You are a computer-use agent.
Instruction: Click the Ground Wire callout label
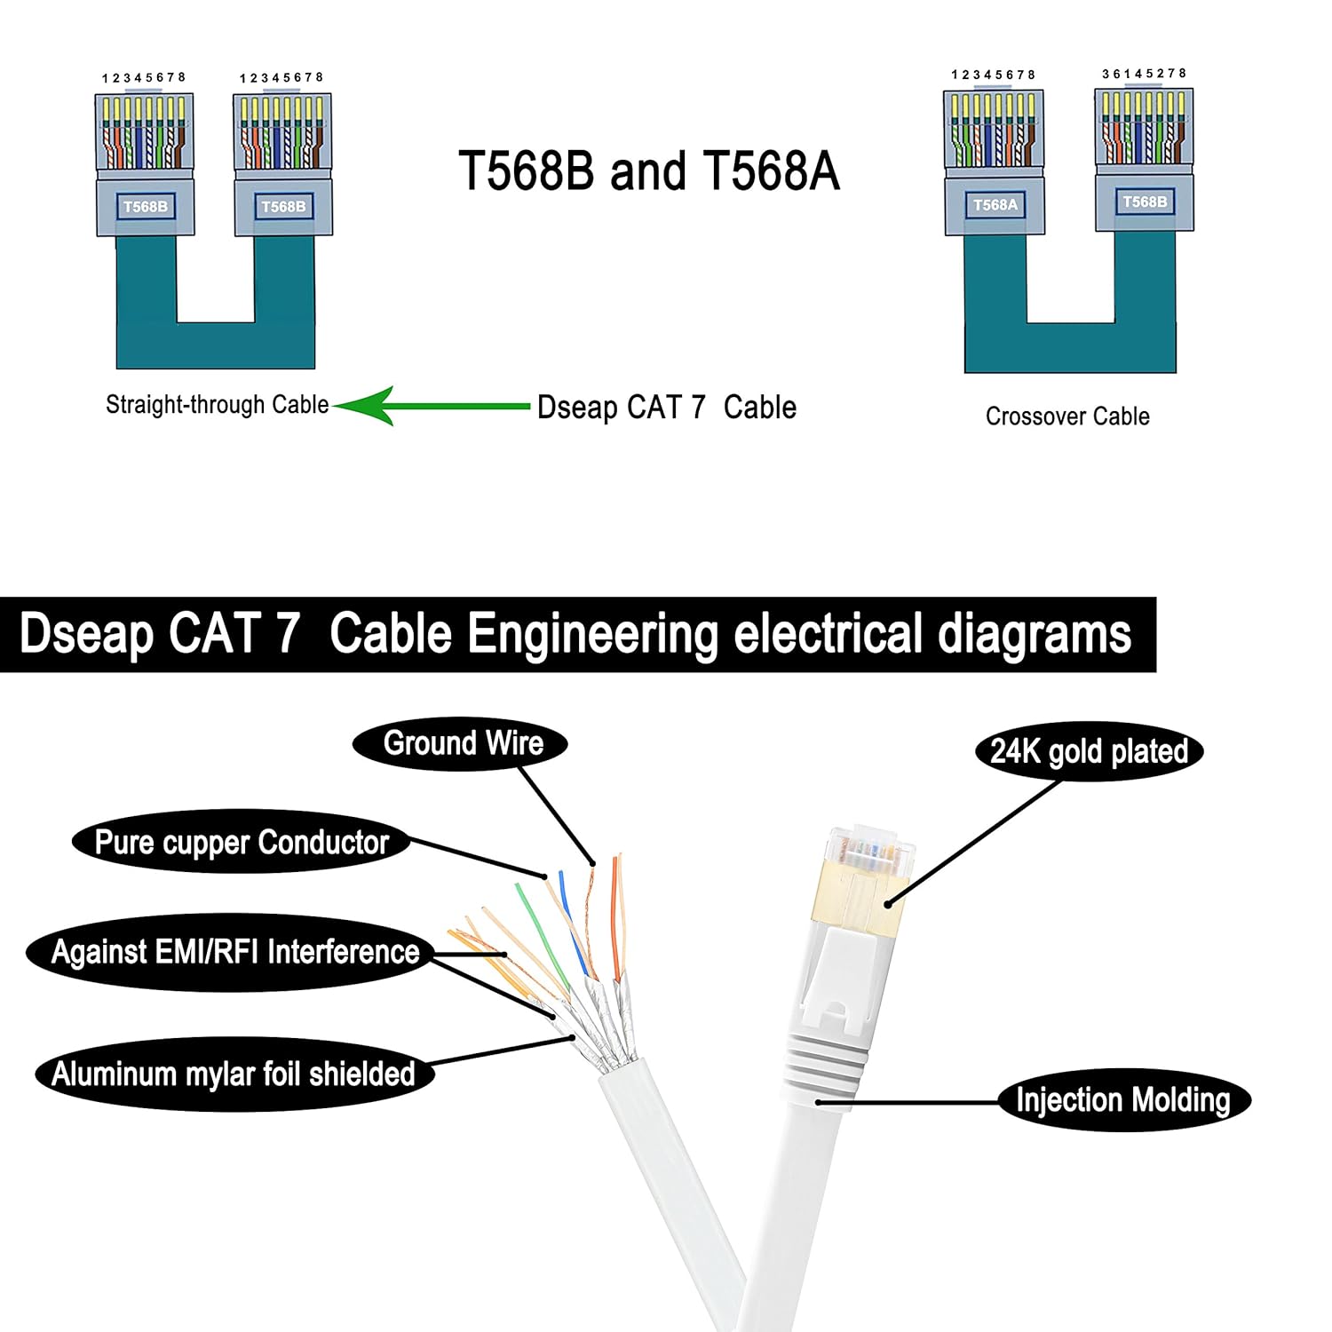(462, 743)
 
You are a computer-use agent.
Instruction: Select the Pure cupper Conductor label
(241, 842)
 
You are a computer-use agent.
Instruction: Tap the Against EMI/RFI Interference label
(234, 952)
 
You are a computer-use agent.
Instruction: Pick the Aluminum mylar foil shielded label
(234, 1074)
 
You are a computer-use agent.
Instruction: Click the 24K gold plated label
(1089, 751)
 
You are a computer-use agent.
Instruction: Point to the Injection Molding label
(1122, 1100)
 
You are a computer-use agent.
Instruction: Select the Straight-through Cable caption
(217, 405)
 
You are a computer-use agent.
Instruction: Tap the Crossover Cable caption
(1066, 416)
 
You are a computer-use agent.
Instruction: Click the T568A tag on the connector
(995, 205)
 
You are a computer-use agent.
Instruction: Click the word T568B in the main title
(526, 170)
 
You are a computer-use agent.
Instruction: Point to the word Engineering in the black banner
(592, 634)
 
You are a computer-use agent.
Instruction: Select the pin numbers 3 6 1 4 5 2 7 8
(1144, 74)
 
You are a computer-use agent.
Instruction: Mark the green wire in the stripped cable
(538, 932)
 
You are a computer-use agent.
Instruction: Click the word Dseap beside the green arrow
(576, 408)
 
